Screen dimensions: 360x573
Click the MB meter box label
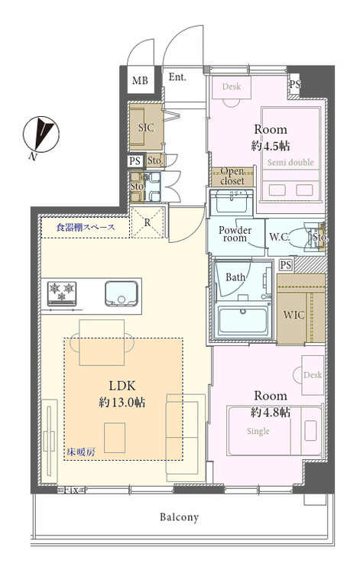click(x=140, y=80)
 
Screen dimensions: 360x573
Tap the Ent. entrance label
click(x=177, y=77)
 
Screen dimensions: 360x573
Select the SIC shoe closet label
click(x=146, y=128)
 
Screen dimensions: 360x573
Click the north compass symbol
click(x=41, y=135)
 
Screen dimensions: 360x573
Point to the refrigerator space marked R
click(x=148, y=222)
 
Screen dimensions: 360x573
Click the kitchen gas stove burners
click(x=61, y=293)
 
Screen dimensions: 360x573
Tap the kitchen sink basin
click(x=122, y=293)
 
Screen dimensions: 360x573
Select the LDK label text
click(x=122, y=386)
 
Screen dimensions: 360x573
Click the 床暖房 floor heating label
click(x=81, y=452)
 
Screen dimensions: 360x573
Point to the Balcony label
click(x=179, y=516)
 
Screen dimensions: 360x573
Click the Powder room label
click(x=235, y=234)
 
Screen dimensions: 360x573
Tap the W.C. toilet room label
click(x=280, y=237)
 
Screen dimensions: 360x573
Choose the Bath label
click(x=235, y=277)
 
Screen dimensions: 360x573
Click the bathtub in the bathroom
click(x=242, y=320)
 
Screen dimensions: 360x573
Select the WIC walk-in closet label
click(x=294, y=315)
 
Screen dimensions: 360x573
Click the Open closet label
click(x=232, y=176)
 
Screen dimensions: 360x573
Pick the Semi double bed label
click(x=290, y=162)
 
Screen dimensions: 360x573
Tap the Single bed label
click(x=258, y=431)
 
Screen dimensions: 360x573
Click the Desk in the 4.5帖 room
click(x=232, y=87)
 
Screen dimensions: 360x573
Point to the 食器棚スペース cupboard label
click(x=86, y=228)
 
